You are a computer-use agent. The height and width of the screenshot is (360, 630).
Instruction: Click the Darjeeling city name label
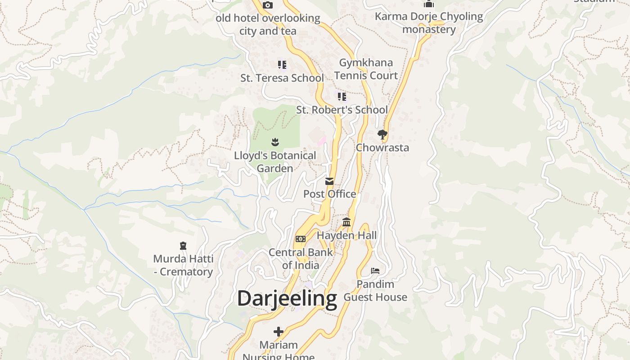pos(287,299)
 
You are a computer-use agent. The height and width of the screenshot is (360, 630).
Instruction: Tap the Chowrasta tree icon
pos(382,134)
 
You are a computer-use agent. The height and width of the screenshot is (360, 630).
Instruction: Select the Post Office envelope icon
pos(329,181)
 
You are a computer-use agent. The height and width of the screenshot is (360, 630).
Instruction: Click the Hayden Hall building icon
pos(346,222)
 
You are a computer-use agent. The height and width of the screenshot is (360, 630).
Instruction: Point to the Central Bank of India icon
pos(300,238)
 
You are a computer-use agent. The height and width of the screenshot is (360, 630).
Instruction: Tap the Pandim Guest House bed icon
pos(375,270)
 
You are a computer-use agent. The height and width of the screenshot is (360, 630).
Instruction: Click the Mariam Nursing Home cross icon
pos(279,332)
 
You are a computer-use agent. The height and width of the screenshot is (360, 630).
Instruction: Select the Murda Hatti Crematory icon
pos(183,246)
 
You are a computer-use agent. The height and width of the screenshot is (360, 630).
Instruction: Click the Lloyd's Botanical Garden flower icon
pos(275,143)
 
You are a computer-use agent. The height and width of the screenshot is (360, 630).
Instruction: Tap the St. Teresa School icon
pos(282,65)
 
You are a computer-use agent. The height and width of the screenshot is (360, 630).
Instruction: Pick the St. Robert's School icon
pos(342,97)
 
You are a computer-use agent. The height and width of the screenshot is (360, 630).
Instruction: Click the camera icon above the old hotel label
pos(268,5)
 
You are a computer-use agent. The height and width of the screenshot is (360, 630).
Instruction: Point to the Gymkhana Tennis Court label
pos(366,69)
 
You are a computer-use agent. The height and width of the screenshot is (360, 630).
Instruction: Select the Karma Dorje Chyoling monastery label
pos(429,23)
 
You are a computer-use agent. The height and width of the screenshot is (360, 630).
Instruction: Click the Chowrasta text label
pos(382,148)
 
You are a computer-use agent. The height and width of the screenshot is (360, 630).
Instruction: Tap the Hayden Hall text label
pos(347,235)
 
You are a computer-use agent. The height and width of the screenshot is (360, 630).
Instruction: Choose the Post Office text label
pos(330,194)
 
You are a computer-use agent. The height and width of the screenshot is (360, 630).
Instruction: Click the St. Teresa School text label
pos(282,78)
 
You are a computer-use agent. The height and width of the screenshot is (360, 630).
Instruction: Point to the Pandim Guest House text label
pos(375,291)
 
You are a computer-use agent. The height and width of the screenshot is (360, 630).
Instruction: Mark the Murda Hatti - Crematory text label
pos(183,265)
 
